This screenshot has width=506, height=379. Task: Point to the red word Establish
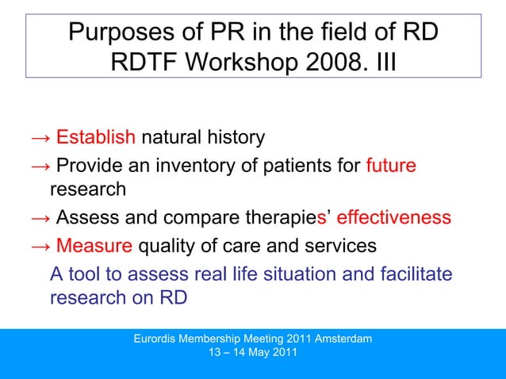(x=96, y=137)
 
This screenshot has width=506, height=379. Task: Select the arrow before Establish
(x=40, y=138)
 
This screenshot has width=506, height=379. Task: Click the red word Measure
(x=94, y=246)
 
